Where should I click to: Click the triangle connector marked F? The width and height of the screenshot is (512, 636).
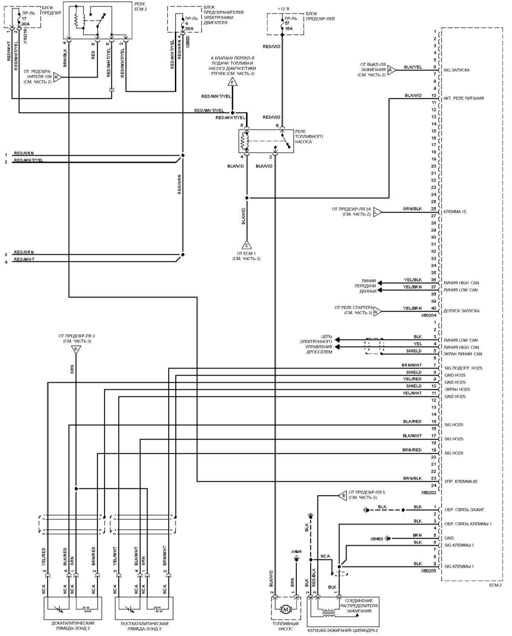[232, 81]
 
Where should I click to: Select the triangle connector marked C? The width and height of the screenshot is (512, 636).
[247, 245]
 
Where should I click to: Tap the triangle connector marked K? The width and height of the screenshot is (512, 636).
[76, 349]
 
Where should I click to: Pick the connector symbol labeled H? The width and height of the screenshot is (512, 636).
[58, 77]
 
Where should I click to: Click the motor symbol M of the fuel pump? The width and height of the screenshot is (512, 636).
[285, 610]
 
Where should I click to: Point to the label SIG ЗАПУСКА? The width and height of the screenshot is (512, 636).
[457, 70]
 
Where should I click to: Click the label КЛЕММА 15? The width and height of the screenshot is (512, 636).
[455, 212]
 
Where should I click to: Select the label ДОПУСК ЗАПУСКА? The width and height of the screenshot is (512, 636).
[462, 311]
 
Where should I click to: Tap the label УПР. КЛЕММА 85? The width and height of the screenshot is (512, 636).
[461, 482]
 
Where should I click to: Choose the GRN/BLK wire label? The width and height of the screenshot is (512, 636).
[412, 209]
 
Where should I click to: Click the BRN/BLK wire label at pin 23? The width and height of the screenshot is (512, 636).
[412, 479]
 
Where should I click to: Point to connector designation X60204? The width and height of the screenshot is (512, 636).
[429, 316]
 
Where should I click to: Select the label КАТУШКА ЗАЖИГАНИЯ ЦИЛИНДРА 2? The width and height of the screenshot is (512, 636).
[343, 630]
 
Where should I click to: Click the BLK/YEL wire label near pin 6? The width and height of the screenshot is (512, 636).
[413, 67]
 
